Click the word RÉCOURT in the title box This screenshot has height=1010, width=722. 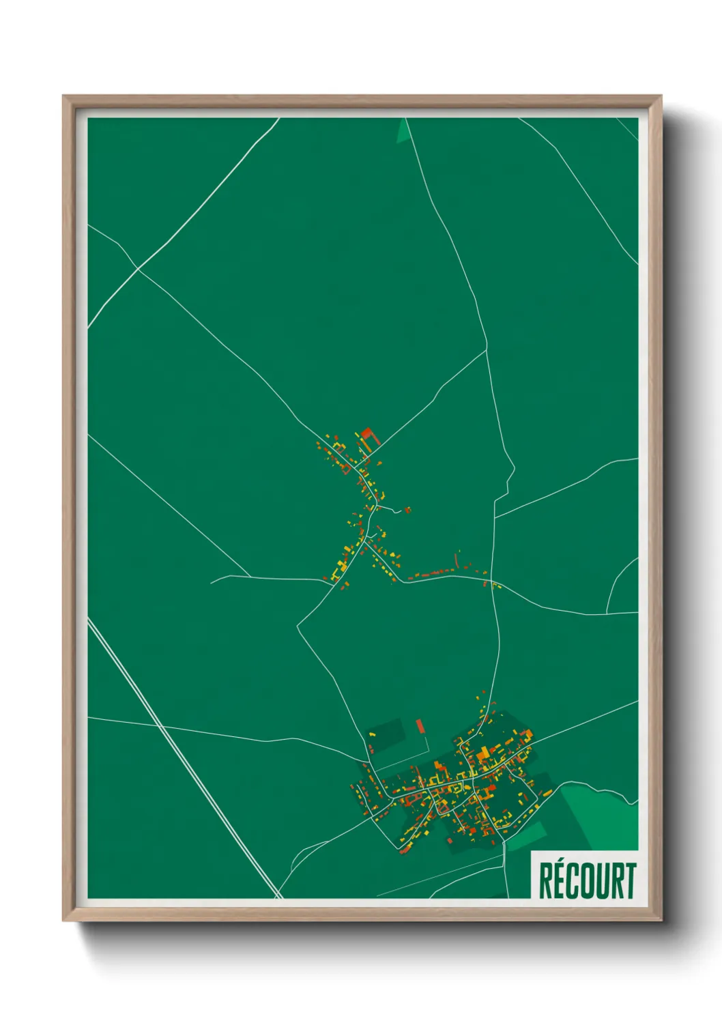587,880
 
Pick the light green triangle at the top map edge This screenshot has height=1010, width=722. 404,132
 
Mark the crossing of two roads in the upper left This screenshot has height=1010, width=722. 139,268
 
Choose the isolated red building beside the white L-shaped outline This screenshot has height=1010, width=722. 420,725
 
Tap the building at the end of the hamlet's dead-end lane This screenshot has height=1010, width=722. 407,509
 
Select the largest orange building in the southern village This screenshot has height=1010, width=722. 483,753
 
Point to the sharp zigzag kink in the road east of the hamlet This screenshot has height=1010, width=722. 508,478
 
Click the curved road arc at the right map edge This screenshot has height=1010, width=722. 618,580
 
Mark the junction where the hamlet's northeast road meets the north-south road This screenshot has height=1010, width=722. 487,350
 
